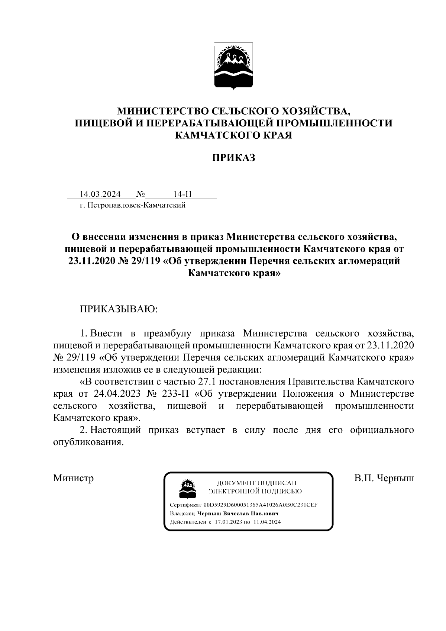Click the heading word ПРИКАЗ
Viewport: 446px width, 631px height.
point(234,158)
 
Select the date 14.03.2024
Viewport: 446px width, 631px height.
point(100,194)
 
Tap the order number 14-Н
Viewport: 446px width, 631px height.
point(182,194)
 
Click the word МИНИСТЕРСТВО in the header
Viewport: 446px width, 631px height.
point(163,111)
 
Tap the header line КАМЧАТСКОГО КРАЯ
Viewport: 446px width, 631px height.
point(234,135)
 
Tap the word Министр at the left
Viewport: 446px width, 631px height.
point(73,478)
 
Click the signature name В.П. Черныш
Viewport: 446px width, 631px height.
point(384,478)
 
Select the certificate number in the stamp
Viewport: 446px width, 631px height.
point(261,505)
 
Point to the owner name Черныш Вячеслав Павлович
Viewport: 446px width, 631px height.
point(238,514)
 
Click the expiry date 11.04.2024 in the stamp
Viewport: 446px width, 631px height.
point(267,522)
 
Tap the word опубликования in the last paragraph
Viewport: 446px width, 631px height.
point(88,442)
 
